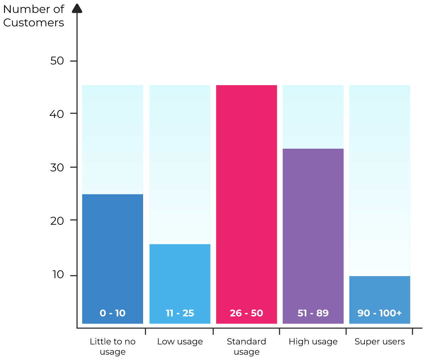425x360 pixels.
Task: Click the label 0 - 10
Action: [x=113, y=313]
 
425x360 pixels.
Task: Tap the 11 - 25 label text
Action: [x=180, y=313]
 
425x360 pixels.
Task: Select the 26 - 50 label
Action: [x=246, y=313]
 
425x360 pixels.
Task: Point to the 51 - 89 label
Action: [x=313, y=313]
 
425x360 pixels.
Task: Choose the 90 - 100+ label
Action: [x=380, y=313]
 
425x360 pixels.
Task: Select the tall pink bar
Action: [x=246, y=195]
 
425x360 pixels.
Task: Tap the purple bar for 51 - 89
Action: [x=313, y=227]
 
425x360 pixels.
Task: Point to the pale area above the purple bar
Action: [x=313, y=117]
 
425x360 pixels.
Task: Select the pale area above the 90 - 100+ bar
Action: [x=380, y=181]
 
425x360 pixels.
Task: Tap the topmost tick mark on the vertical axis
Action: [x=73, y=61]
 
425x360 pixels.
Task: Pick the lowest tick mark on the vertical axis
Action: [x=73, y=275]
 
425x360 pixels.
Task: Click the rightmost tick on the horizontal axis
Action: [x=413, y=331]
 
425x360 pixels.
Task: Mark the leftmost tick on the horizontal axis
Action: [x=146, y=331]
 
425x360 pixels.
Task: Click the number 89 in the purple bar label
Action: [x=323, y=313]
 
